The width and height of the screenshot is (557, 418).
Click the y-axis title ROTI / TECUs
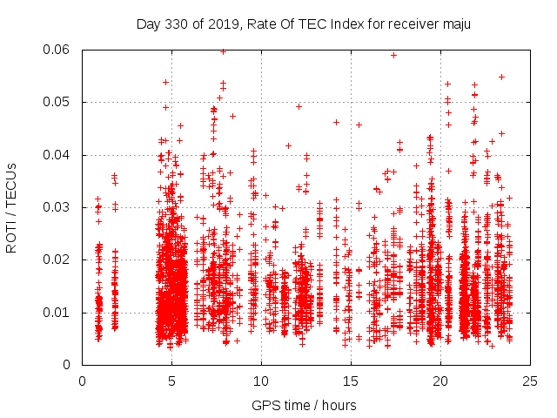point(12,207)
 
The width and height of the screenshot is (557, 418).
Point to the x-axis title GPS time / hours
point(304,405)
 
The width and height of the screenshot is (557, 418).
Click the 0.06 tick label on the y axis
point(59,50)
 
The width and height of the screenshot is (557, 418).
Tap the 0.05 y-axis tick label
point(59,102)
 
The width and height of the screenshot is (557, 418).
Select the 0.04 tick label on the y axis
point(59,155)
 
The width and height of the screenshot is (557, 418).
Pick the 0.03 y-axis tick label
point(59,207)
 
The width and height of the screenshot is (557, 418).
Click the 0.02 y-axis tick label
point(59,260)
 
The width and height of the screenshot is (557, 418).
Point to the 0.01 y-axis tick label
point(59,313)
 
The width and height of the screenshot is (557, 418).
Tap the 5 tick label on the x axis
point(171,381)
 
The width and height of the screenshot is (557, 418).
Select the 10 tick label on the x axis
point(261,381)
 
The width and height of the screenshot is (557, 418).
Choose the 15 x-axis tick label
point(351,381)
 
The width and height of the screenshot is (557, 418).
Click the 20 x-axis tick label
point(440,381)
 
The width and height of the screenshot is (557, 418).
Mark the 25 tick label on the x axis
point(530,381)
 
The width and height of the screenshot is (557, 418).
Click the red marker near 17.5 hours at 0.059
point(394,55)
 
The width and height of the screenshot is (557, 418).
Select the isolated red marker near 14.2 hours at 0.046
point(336,122)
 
